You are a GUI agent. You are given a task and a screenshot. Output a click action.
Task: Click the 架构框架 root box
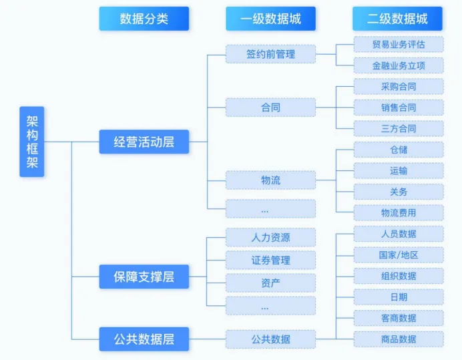[31, 142]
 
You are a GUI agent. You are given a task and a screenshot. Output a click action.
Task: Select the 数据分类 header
[144, 19]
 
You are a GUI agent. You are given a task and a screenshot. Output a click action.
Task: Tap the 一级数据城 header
[270, 19]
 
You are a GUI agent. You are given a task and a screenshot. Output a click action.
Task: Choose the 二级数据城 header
[397, 19]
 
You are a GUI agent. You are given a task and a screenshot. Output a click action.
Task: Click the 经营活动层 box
[144, 142]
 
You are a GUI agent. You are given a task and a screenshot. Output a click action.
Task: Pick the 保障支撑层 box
[144, 277]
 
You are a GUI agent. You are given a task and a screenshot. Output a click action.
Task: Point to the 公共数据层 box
[144, 339]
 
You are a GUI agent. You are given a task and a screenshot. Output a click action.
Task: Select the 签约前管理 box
[270, 53]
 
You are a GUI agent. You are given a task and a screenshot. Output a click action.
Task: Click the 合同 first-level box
[270, 107]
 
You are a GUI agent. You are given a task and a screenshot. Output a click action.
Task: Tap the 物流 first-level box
[270, 180]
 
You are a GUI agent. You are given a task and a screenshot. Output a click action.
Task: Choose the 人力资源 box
[270, 237]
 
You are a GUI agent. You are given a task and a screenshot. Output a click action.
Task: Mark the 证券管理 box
[270, 260]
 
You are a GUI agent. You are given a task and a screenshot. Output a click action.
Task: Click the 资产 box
[270, 283]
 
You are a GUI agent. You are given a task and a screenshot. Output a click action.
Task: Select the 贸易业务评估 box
[398, 45]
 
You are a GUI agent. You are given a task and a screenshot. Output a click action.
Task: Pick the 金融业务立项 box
[398, 65]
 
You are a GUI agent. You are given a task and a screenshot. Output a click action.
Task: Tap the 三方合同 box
[398, 128]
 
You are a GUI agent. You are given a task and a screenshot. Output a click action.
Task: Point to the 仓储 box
[398, 150]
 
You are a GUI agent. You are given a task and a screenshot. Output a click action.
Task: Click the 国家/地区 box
[398, 254]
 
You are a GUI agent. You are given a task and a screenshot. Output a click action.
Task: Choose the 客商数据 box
[398, 318]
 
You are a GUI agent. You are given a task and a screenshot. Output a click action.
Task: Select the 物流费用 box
[398, 212]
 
